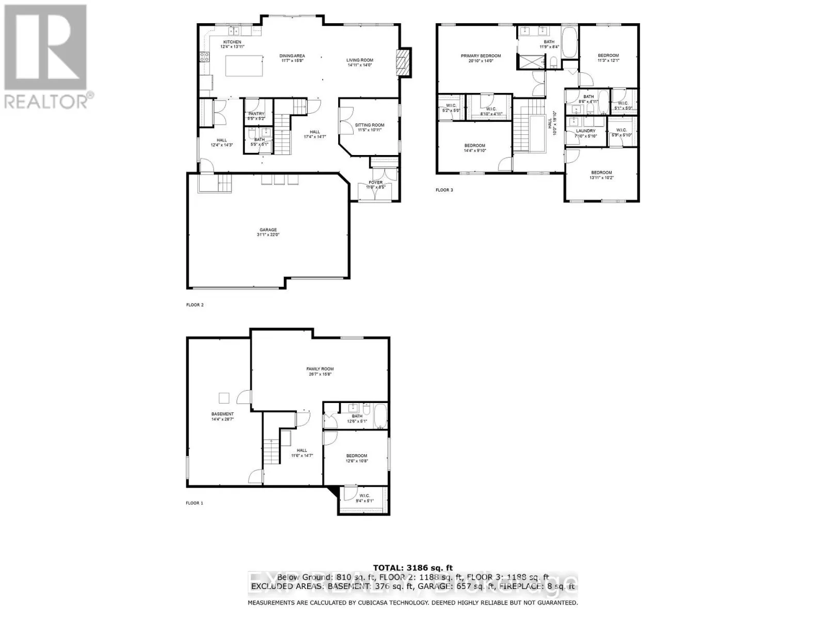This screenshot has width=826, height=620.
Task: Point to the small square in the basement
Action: point(224,397)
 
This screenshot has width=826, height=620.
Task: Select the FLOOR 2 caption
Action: point(195,305)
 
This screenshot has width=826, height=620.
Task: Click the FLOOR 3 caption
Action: point(444,190)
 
